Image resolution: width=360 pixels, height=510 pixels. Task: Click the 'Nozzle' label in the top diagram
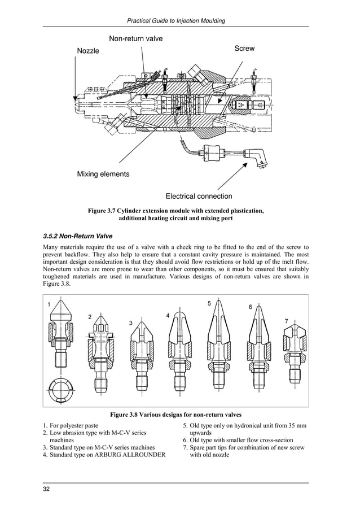click(x=87, y=51)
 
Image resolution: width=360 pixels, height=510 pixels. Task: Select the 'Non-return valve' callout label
click(x=135, y=38)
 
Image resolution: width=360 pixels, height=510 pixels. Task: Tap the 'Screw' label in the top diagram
click(x=244, y=49)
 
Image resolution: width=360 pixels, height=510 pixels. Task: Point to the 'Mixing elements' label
click(x=103, y=174)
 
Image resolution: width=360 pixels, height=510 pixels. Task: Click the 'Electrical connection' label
click(x=199, y=197)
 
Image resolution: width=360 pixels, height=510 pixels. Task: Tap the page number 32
click(x=47, y=489)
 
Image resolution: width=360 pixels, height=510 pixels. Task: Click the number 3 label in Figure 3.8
click(x=130, y=322)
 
